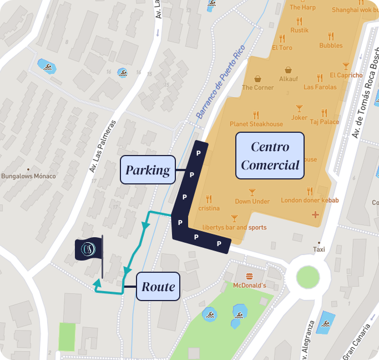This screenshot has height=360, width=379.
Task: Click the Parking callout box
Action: point(148,170)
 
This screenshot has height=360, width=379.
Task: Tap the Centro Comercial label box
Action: point(270,156)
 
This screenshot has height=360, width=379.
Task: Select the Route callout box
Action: point(158,287)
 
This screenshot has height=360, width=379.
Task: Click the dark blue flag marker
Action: point(89,249)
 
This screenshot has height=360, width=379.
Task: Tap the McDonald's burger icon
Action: point(249,276)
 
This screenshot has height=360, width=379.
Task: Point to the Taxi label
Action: point(319,250)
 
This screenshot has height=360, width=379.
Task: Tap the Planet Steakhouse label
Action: point(256,124)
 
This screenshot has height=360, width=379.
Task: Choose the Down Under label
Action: point(252,201)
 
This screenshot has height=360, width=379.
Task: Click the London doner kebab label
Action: point(310,200)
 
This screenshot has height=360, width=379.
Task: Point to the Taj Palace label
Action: point(325,122)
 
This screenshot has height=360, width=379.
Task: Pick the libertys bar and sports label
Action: point(234,227)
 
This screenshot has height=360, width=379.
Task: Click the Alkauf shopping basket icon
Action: point(289,70)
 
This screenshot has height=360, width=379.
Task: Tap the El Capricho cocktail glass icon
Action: point(346,66)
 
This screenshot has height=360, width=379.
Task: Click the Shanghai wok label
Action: point(355,9)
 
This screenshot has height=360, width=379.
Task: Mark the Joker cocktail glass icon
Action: point(300,108)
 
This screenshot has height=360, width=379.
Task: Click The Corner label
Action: point(258,87)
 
